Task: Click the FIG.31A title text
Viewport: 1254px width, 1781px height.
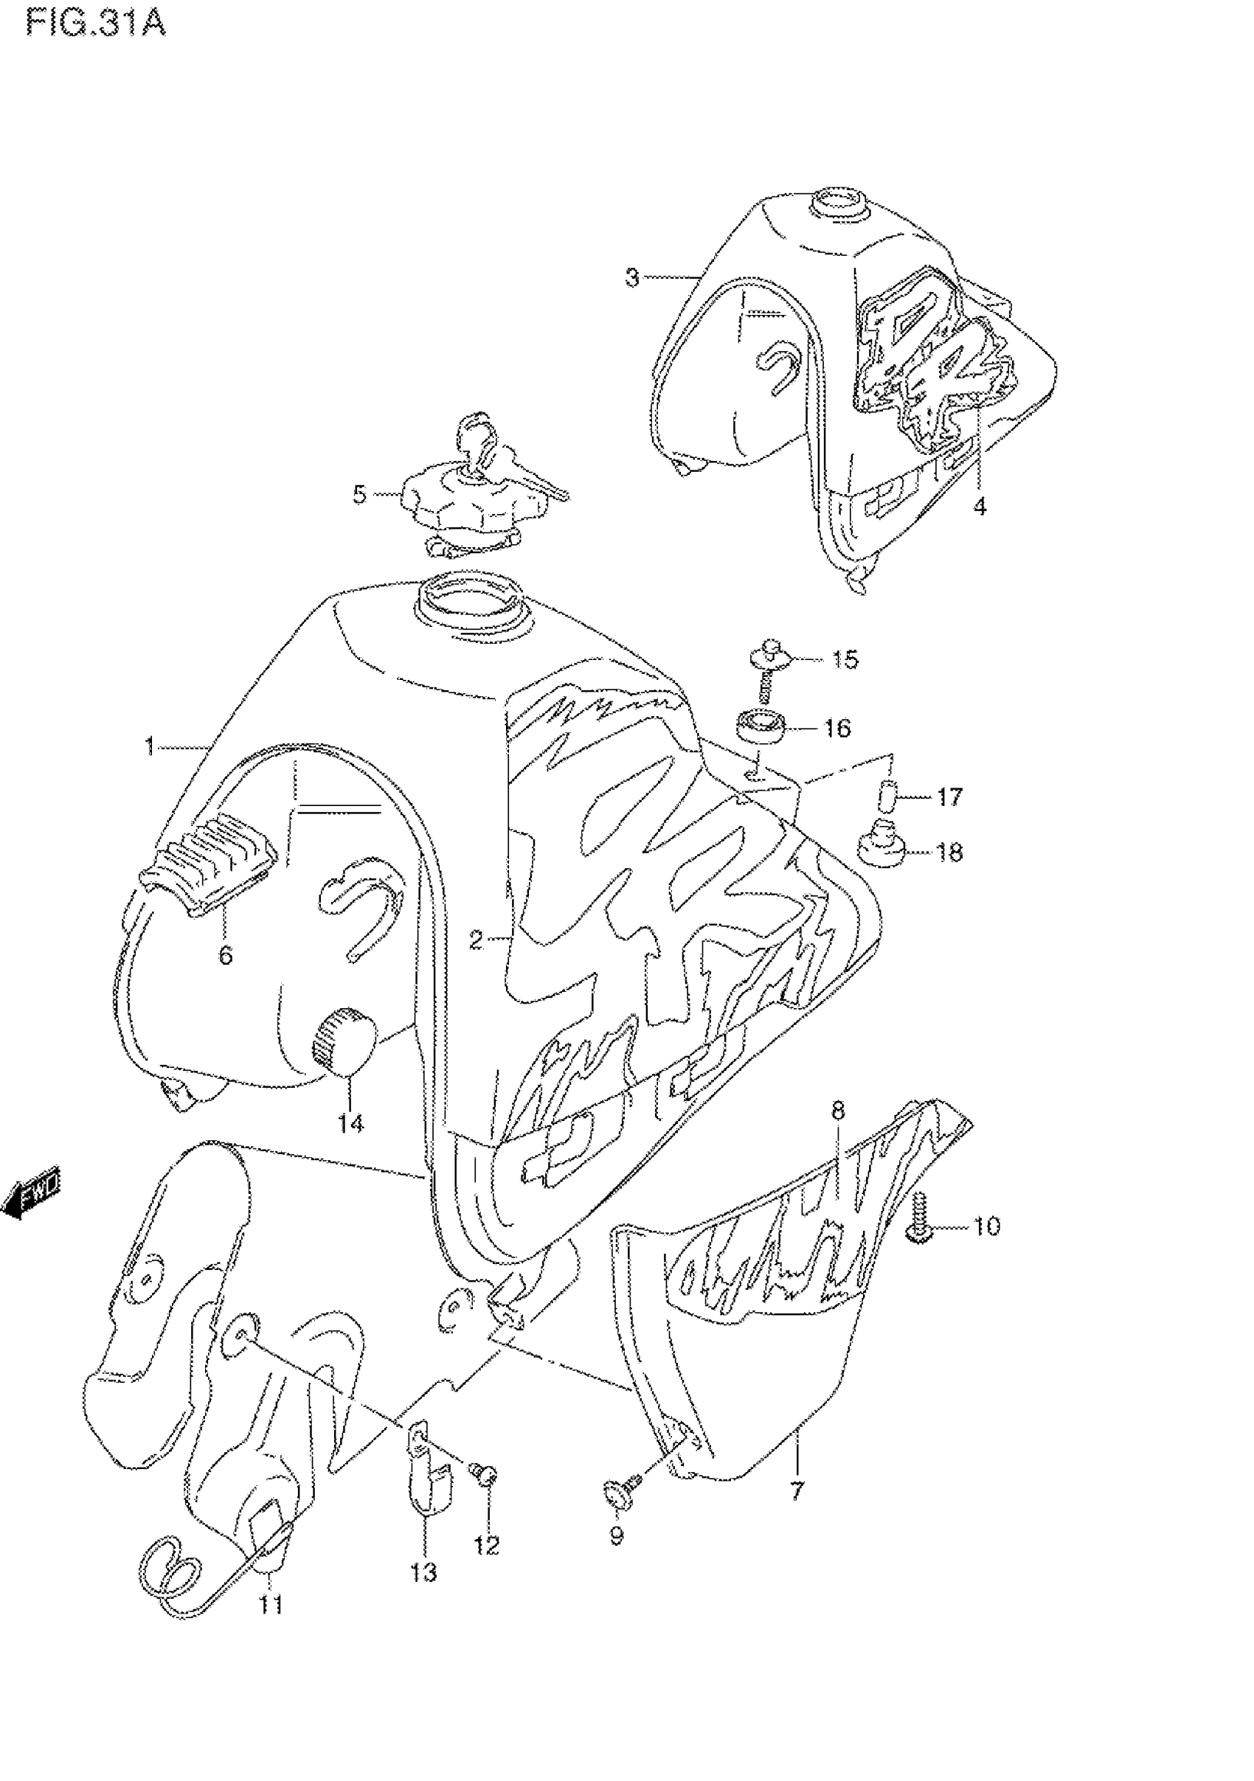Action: pyautogui.click(x=95, y=24)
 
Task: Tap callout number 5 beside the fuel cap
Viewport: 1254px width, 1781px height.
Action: pyautogui.click(x=359, y=494)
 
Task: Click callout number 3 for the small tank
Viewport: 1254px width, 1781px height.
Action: pyautogui.click(x=632, y=277)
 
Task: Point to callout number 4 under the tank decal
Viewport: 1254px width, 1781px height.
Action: pyautogui.click(x=980, y=507)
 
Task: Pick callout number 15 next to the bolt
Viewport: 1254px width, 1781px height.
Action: pyautogui.click(x=845, y=660)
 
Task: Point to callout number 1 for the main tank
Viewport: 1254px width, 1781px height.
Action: pyautogui.click(x=150, y=747)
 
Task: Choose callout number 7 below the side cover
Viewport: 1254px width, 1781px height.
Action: pyautogui.click(x=797, y=1490)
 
